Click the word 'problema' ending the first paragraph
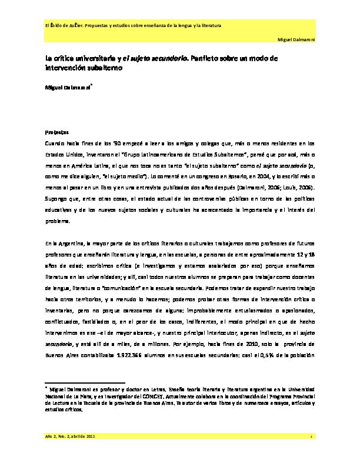tap(57, 221)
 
